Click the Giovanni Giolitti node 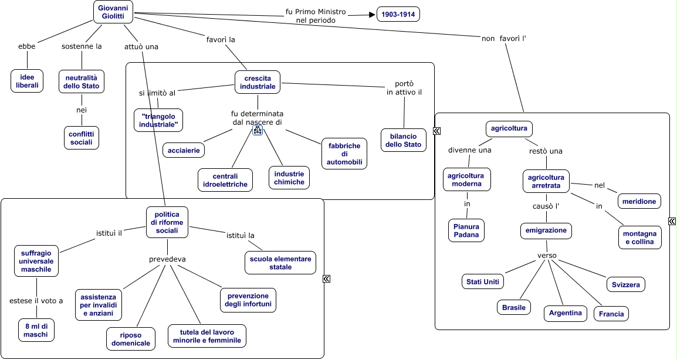113,12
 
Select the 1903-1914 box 398,14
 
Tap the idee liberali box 27,81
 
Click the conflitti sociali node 81,138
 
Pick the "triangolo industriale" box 158,120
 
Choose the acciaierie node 184,150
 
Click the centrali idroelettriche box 225,180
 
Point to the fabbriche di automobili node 344,153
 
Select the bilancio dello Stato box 404,140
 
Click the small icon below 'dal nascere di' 257,131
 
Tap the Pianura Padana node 466,230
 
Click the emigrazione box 546,230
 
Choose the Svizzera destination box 625,284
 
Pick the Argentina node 565,313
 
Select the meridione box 639,201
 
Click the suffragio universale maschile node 36,261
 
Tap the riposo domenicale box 131,338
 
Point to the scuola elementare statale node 280,263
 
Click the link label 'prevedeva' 167,259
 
